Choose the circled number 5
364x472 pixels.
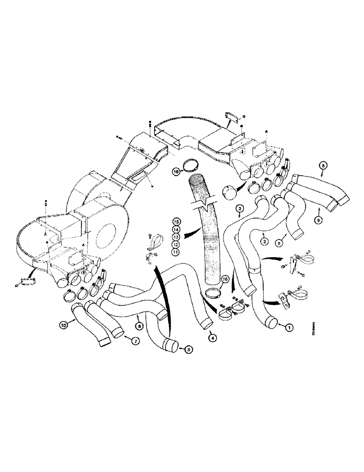189,349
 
